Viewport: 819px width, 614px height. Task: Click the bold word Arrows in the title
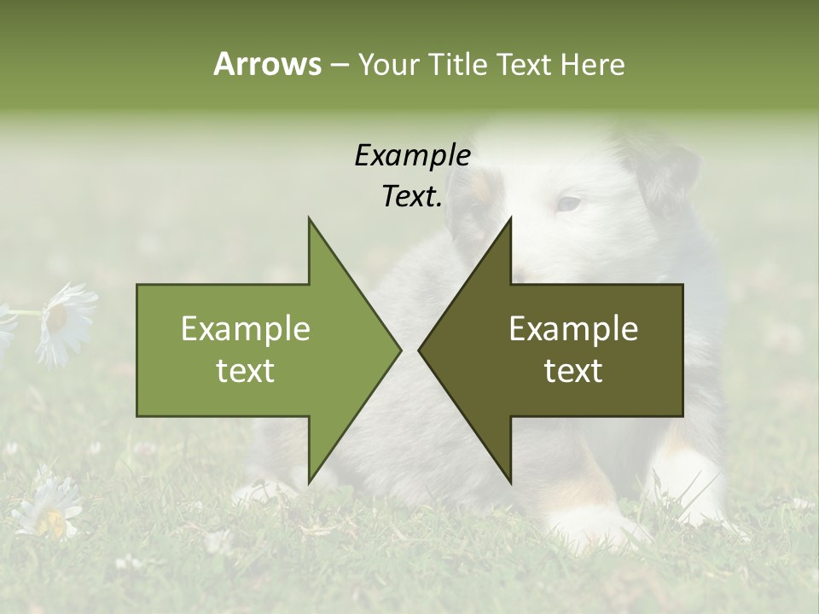click(x=266, y=64)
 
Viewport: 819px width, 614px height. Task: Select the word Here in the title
click(x=592, y=64)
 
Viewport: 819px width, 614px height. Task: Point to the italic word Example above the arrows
click(x=412, y=156)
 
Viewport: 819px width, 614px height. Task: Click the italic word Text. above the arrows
click(x=412, y=197)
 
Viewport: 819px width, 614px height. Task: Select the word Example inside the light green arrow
click(x=246, y=329)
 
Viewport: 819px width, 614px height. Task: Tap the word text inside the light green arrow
click(x=246, y=371)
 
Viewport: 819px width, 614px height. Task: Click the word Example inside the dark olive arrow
click(x=573, y=329)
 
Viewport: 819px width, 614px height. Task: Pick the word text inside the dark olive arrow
click(x=573, y=371)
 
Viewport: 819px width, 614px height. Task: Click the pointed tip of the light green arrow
click(x=399, y=350)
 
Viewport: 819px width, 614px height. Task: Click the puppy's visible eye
click(x=568, y=204)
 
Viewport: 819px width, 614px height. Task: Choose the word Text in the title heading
click(x=527, y=64)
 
